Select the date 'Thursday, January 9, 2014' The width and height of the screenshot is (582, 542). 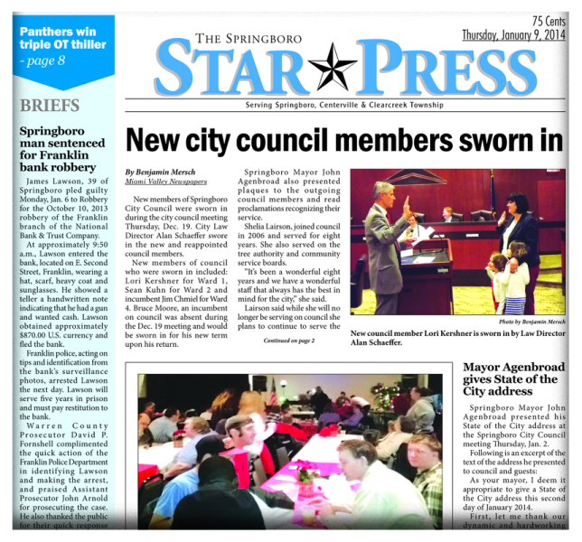pyautogui.click(x=512, y=35)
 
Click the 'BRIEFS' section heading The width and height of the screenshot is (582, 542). pyautogui.click(x=50, y=105)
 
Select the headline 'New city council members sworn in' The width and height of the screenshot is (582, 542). pyautogui.click(x=343, y=140)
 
